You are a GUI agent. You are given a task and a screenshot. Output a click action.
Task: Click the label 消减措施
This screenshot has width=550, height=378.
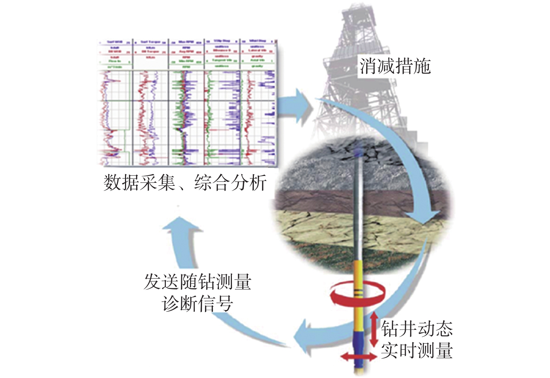(395, 66)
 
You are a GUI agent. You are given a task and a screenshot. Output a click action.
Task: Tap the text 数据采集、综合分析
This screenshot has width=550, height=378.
(185, 183)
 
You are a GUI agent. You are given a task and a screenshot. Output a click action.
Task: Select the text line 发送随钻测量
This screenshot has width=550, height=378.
(197, 282)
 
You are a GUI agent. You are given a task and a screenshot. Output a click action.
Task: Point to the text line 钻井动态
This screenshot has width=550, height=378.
(417, 329)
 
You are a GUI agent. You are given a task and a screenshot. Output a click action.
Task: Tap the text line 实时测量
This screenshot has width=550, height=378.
(417, 350)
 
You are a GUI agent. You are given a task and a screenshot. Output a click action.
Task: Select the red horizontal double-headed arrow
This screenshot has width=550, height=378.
(359, 357)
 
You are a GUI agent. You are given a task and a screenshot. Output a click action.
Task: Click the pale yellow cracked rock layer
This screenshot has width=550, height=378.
(314, 227)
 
